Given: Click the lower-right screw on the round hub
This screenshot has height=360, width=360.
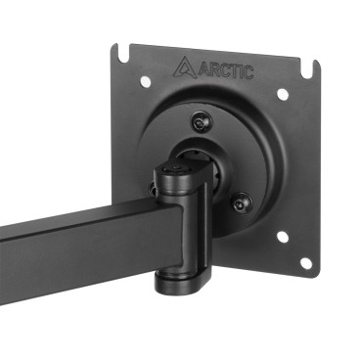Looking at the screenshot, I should (x=240, y=202).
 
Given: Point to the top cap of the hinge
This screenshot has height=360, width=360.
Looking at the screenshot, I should (x=174, y=173).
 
